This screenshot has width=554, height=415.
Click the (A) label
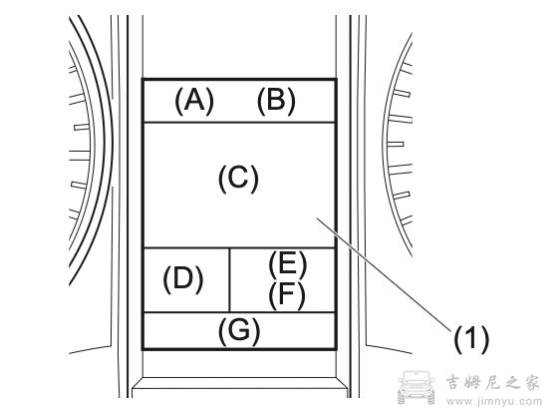194,101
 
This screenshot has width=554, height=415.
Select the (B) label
276,101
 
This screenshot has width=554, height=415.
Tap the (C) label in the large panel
238,180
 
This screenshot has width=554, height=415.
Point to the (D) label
183,279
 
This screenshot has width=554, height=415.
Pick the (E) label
287,264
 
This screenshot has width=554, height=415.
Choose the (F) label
287,295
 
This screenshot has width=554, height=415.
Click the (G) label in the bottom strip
239,331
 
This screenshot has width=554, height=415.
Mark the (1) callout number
471,339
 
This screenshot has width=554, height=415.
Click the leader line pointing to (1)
384,275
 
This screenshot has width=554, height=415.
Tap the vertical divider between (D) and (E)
229,280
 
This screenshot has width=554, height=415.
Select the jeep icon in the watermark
416,387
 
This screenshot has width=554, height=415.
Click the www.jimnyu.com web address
494,402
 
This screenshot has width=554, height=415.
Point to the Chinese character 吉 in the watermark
454,382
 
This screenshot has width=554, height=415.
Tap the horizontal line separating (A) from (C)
239,123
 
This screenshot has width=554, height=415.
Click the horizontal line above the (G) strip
239,312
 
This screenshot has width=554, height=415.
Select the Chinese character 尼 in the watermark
492,382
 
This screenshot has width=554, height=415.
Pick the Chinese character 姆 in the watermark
473,382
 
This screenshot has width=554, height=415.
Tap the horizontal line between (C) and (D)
239,247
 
